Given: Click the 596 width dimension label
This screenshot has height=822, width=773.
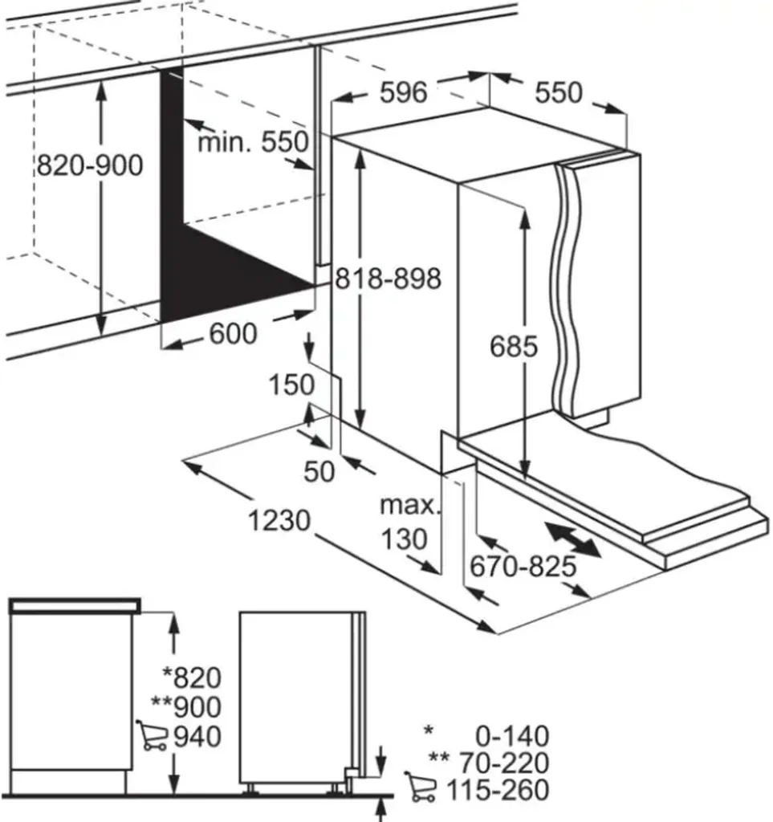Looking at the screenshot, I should [403, 93].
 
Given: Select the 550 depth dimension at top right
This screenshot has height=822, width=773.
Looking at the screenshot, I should [559, 92].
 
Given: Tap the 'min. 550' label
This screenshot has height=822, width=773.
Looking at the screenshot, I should [253, 142].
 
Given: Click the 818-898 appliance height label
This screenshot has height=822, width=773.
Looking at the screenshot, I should [389, 279].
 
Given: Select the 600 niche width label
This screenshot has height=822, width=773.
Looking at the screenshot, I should [233, 333].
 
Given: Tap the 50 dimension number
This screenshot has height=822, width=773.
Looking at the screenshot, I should [319, 471].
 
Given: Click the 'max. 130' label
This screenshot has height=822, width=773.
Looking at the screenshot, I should [410, 523].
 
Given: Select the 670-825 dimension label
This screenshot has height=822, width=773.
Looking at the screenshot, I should [523, 568].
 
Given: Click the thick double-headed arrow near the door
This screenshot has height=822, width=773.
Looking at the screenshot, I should [572, 539].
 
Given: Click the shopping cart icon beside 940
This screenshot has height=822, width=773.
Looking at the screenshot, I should [152, 735].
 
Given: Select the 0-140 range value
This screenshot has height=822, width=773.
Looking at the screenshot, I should [510, 735].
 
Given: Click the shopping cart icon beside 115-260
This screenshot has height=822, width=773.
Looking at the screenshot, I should [421, 788].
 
